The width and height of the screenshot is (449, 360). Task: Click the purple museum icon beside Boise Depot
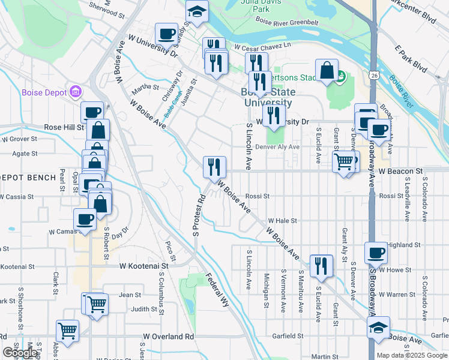(76, 92)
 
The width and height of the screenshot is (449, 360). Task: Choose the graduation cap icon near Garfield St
(378, 328)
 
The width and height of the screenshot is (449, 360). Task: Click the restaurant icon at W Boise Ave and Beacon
(214, 166)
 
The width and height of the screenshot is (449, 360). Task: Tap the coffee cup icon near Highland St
(376, 253)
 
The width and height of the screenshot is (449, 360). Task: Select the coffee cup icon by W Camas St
(85, 219)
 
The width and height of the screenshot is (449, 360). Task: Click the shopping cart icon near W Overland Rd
(68, 330)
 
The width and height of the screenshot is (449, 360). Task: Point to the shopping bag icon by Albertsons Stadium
(326, 70)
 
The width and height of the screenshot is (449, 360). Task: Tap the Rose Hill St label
(64, 127)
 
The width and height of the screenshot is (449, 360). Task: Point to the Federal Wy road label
(218, 290)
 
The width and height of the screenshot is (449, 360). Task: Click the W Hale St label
(282, 221)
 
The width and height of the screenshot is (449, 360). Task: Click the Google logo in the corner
(20, 353)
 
